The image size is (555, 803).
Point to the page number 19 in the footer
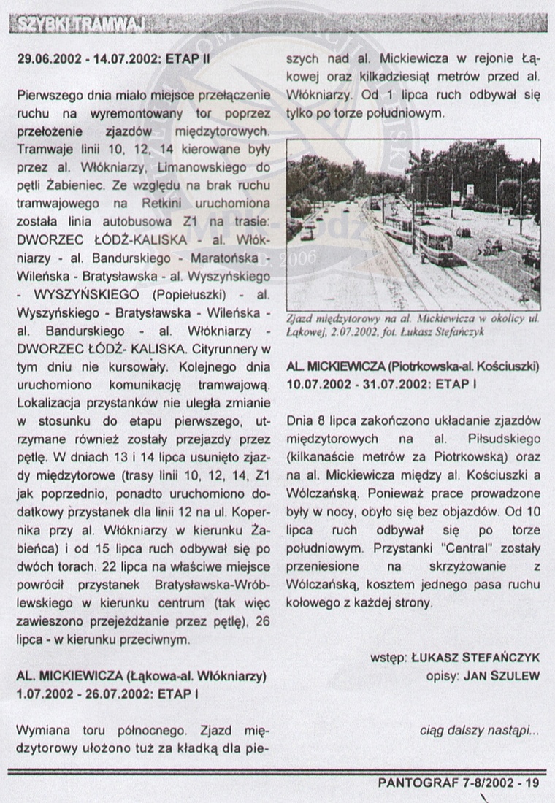click(x=531, y=783)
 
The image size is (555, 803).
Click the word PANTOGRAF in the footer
click(x=414, y=783)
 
